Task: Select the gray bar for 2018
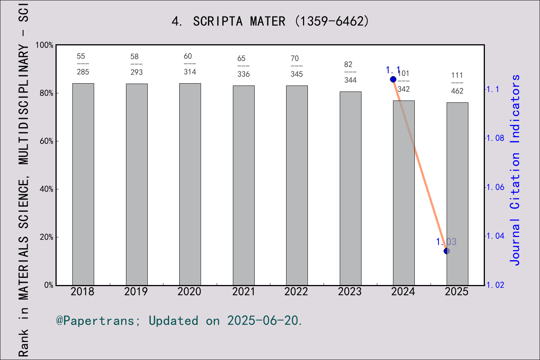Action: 83,184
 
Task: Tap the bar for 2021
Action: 243,185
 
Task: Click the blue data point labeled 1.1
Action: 393,79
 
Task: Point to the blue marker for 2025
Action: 447,251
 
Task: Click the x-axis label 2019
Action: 136,292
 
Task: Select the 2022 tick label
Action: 296,292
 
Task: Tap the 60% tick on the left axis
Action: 46,141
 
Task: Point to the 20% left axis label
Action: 46,237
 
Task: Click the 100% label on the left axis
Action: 45,45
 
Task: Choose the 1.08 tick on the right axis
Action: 495,138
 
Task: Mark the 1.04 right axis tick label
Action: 495,236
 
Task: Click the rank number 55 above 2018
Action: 81,56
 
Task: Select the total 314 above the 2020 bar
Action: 190,72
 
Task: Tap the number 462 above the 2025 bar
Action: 457,91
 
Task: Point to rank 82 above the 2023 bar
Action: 348,64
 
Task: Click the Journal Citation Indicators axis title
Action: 515,170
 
